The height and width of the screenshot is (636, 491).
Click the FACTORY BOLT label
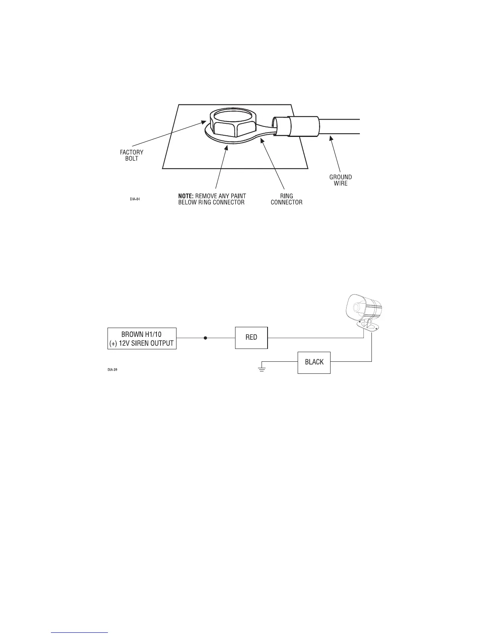pyautogui.click(x=132, y=155)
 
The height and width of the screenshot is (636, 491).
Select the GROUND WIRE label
pyautogui.click(x=341, y=180)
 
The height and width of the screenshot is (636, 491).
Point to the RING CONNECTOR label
pyautogui.click(x=286, y=199)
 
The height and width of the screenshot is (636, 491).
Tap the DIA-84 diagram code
pyautogui.click(x=135, y=199)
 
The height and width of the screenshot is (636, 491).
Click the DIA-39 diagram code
pyautogui.click(x=112, y=370)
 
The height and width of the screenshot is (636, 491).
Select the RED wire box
pyautogui.click(x=251, y=338)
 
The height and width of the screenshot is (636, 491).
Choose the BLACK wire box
pyautogui.click(x=314, y=362)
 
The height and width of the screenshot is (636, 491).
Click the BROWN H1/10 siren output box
pyautogui.click(x=142, y=338)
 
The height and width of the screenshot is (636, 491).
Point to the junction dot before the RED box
pyautogui.click(x=205, y=338)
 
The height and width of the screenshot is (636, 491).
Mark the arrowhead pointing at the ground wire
pyautogui.click(x=331, y=139)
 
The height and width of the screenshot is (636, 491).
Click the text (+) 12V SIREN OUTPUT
pyautogui.click(x=142, y=343)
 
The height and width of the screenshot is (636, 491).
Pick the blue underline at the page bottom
pyautogui.click(x=80, y=633)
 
